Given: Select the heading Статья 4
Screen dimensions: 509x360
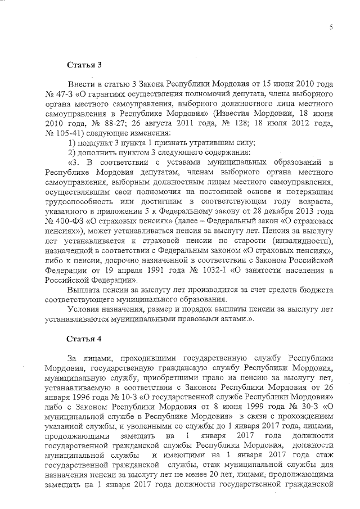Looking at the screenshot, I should click(83, 339).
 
